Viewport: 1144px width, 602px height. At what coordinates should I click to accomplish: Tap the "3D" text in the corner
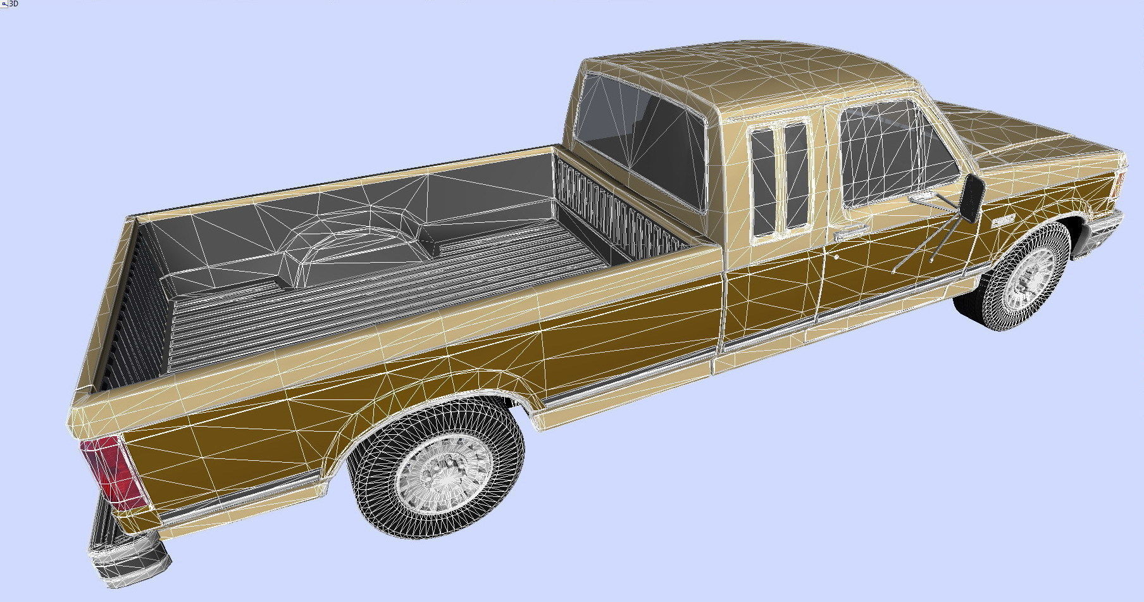pos(13,4)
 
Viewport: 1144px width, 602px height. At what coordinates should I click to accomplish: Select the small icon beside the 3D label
pos(4,4)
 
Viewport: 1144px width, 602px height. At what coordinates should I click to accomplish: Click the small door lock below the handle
pos(836,258)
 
